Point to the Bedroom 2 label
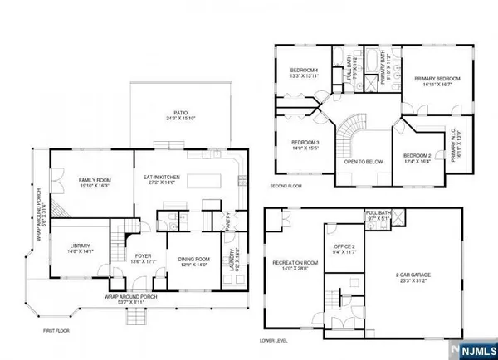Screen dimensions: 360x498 [x=417, y=158]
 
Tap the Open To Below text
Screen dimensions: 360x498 [x=363, y=162]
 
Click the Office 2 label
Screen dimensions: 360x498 [x=343, y=249]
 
